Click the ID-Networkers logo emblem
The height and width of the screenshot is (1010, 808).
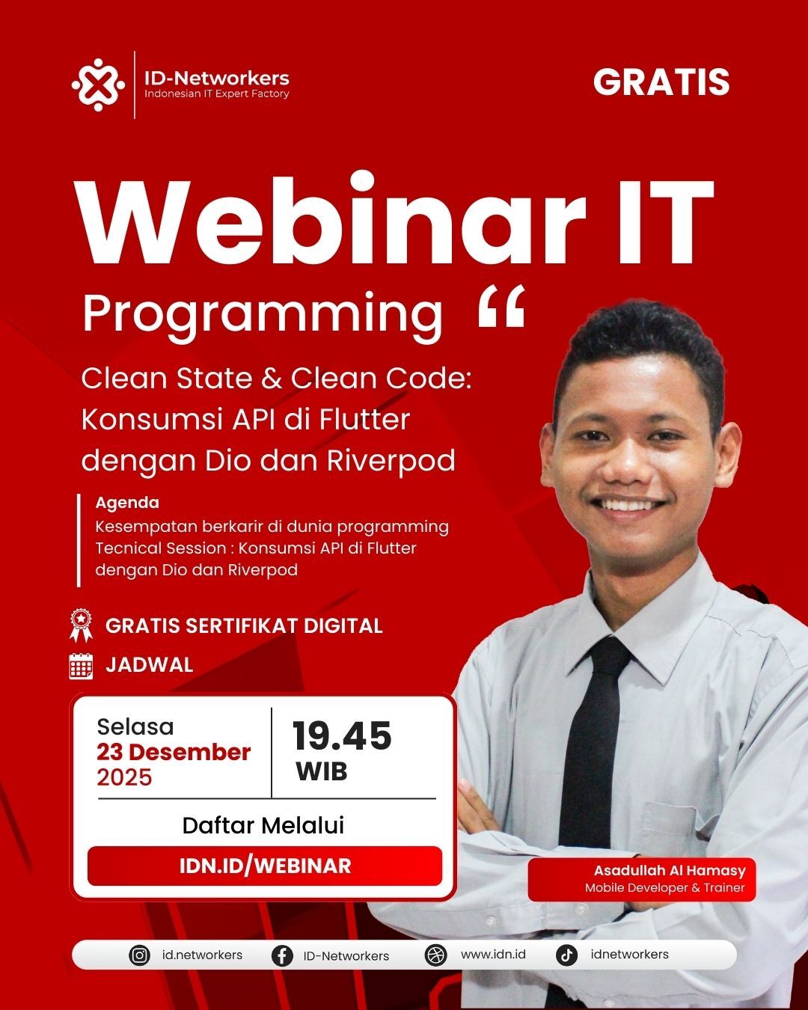(x=98, y=85)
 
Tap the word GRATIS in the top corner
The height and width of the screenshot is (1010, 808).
(x=661, y=82)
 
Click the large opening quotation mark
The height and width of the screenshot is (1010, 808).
(x=501, y=306)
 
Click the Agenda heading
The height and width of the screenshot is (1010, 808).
(x=127, y=503)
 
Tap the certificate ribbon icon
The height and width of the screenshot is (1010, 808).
(x=81, y=625)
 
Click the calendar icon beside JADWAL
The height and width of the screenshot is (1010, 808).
(x=81, y=666)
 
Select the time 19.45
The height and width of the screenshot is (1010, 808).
(x=342, y=736)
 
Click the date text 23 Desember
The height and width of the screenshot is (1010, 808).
(x=174, y=753)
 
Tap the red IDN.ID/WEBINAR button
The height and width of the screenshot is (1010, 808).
(x=265, y=866)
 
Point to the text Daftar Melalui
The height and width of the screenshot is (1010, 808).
(x=263, y=826)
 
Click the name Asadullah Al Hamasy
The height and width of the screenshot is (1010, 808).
(x=670, y=871)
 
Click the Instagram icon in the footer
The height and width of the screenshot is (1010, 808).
(x=139, y=955)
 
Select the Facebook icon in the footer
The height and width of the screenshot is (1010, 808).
(x=282, y=956)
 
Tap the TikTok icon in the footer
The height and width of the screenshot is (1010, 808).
(x=566, y=955)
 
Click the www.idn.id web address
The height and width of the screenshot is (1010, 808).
(x=493, y=955)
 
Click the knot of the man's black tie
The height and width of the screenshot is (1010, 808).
(x=606, y=662)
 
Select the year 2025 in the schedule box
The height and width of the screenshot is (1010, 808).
(x=124, y=777)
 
